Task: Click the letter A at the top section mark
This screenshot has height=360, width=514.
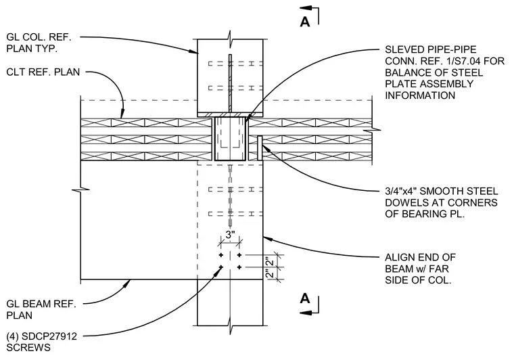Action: tap(305, 22)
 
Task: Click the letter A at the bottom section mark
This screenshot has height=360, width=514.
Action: tap(305, 298)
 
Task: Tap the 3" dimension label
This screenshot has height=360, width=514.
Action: tap(231, 235)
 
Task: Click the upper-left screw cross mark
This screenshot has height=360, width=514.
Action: tap(221, 255)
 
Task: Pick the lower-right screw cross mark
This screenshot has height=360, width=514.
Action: tap(239, 267)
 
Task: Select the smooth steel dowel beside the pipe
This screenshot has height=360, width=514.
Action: tap(260, 148)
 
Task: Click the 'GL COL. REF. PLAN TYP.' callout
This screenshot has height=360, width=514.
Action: tap(39, 43)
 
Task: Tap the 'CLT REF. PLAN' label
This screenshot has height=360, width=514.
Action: tap(43, 72)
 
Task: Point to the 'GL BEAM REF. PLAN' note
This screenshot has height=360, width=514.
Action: tap(41, 309)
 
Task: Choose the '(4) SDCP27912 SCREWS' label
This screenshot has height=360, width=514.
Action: tap(42, 342)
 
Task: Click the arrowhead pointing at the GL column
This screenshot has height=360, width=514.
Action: tap(193, 51)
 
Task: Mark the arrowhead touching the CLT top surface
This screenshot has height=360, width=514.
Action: tap(122, 113)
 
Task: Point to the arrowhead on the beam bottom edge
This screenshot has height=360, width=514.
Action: tap(126, 284)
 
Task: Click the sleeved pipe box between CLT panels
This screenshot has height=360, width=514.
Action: tap(230, 139)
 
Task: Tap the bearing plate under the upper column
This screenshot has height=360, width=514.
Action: tap(230, 115)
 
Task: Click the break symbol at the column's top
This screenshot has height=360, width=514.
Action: tap(230, 35)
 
